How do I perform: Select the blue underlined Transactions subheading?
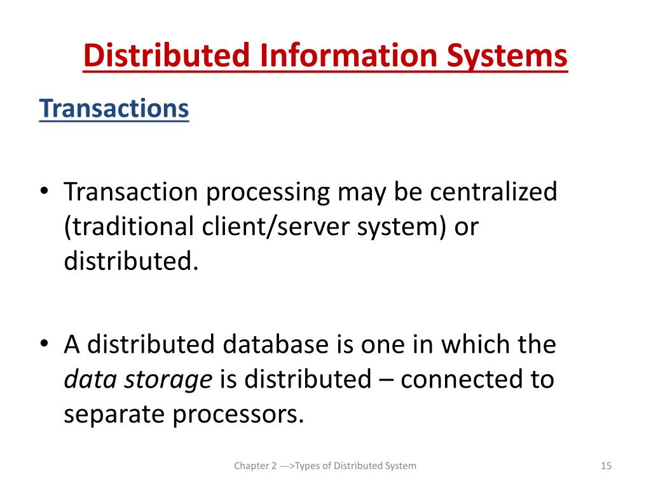(x=114, y=109)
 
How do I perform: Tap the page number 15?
(x=605, y=466)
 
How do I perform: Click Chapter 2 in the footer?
(x=255, y=466)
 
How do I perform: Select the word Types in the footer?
(x=307, y=466)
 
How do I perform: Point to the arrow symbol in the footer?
(x=287, y=466)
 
